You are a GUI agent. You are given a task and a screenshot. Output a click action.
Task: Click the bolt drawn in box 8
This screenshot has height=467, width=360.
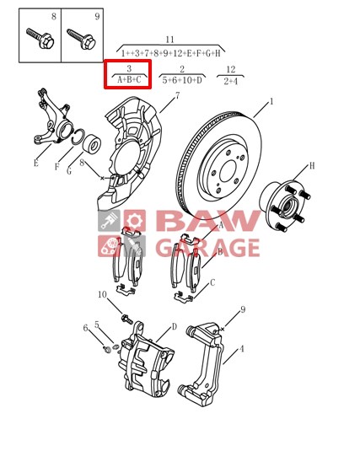[40, 39]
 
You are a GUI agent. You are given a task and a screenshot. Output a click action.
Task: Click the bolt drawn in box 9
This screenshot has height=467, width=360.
[81, 39]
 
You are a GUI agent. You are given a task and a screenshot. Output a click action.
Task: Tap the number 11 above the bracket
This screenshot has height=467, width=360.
[169, 40]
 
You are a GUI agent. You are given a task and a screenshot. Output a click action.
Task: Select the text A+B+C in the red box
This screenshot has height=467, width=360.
[129, 80]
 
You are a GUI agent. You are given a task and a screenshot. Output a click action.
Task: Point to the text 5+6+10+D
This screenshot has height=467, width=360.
[182, 80]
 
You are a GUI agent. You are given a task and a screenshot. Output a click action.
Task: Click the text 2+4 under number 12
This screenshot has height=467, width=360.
[231, 81]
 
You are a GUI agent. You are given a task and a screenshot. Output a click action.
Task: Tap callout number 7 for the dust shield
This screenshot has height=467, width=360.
[177, 95]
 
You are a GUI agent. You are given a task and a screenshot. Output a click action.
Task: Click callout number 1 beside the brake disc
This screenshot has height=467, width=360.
[271, 101]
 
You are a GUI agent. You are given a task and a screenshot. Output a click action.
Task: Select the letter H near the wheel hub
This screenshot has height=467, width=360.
[312, 165]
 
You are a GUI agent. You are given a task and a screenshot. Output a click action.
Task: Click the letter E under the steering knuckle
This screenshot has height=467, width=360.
[36, 164]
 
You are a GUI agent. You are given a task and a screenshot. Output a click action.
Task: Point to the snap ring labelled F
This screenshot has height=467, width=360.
[78, 137]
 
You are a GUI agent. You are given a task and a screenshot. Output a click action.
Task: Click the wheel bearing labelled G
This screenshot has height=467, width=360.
[91, 144]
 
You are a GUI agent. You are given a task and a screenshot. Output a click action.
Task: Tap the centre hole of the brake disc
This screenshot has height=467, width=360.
[228, 170]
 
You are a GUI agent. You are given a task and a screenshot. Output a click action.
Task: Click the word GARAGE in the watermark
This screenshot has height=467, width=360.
[207, 248]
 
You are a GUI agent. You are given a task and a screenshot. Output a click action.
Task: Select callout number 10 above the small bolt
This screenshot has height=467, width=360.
[102, 294]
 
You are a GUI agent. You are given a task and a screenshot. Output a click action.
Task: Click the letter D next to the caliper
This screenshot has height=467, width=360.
[175, 327]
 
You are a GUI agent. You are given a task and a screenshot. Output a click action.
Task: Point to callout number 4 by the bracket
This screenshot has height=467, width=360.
[242, 348]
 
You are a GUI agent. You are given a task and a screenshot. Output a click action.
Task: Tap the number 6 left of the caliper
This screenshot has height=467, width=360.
[85, 328]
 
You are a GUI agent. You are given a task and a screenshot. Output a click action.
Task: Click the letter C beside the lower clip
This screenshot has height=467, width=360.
[212, 282]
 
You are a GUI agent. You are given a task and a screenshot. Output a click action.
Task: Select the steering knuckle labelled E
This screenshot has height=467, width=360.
[55, 121]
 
